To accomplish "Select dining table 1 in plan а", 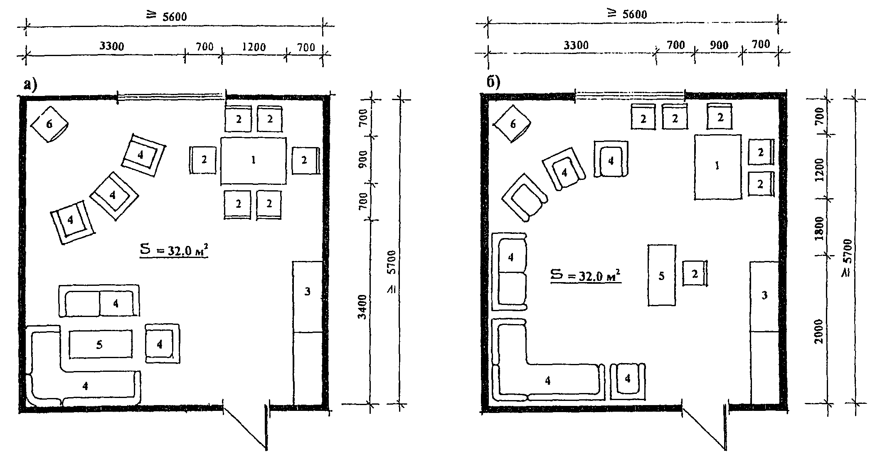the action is pos(253,160).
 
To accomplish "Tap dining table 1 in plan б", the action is pos(717,167).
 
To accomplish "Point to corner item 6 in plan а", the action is pos(50,124).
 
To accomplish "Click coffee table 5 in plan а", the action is pos(100,344).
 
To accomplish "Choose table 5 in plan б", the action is pos(661,275).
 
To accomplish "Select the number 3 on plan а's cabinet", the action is pos(307,292).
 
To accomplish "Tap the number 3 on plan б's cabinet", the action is pos(764,295).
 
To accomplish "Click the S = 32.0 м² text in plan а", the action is pos(173,251).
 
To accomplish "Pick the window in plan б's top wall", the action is pos(630,96).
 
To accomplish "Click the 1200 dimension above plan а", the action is pos(254,47).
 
